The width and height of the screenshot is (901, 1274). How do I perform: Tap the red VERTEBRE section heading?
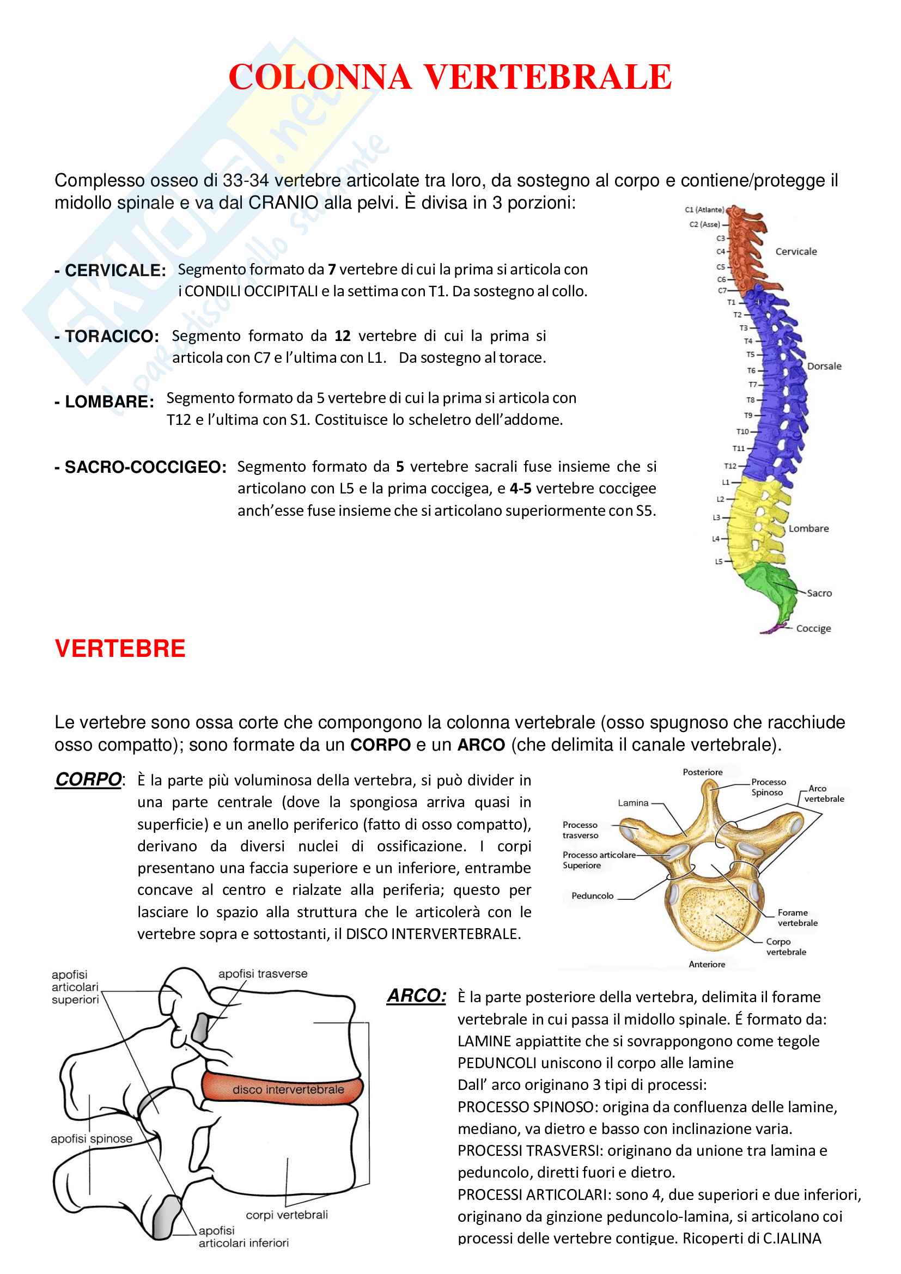point(120,649)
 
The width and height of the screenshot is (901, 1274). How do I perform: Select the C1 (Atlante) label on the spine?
point(704,210)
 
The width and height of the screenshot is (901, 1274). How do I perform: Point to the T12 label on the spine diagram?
point(730,466)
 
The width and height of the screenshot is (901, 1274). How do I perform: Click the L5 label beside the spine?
point(719,562)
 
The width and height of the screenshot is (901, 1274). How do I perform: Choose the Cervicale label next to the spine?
point(795,251)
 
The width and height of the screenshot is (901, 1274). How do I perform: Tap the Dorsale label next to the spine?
point(824,366)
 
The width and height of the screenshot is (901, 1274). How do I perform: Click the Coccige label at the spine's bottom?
point(813,629)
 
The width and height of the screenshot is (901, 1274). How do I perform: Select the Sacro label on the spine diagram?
point(819,593)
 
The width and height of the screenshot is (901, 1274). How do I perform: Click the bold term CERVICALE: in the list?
point(115,271)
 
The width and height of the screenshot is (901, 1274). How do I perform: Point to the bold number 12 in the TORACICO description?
point(342,336)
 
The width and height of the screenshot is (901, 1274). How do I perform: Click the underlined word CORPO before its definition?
point(88,779)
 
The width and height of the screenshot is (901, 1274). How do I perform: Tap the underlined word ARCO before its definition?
point(416,996)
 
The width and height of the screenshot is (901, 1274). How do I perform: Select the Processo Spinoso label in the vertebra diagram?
point(769,788)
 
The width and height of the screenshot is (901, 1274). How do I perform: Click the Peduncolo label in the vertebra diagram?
point(593,896)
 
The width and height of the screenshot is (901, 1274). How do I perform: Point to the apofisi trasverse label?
point(263,974)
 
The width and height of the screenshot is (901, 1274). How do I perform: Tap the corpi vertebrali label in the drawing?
point(287,1215)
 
